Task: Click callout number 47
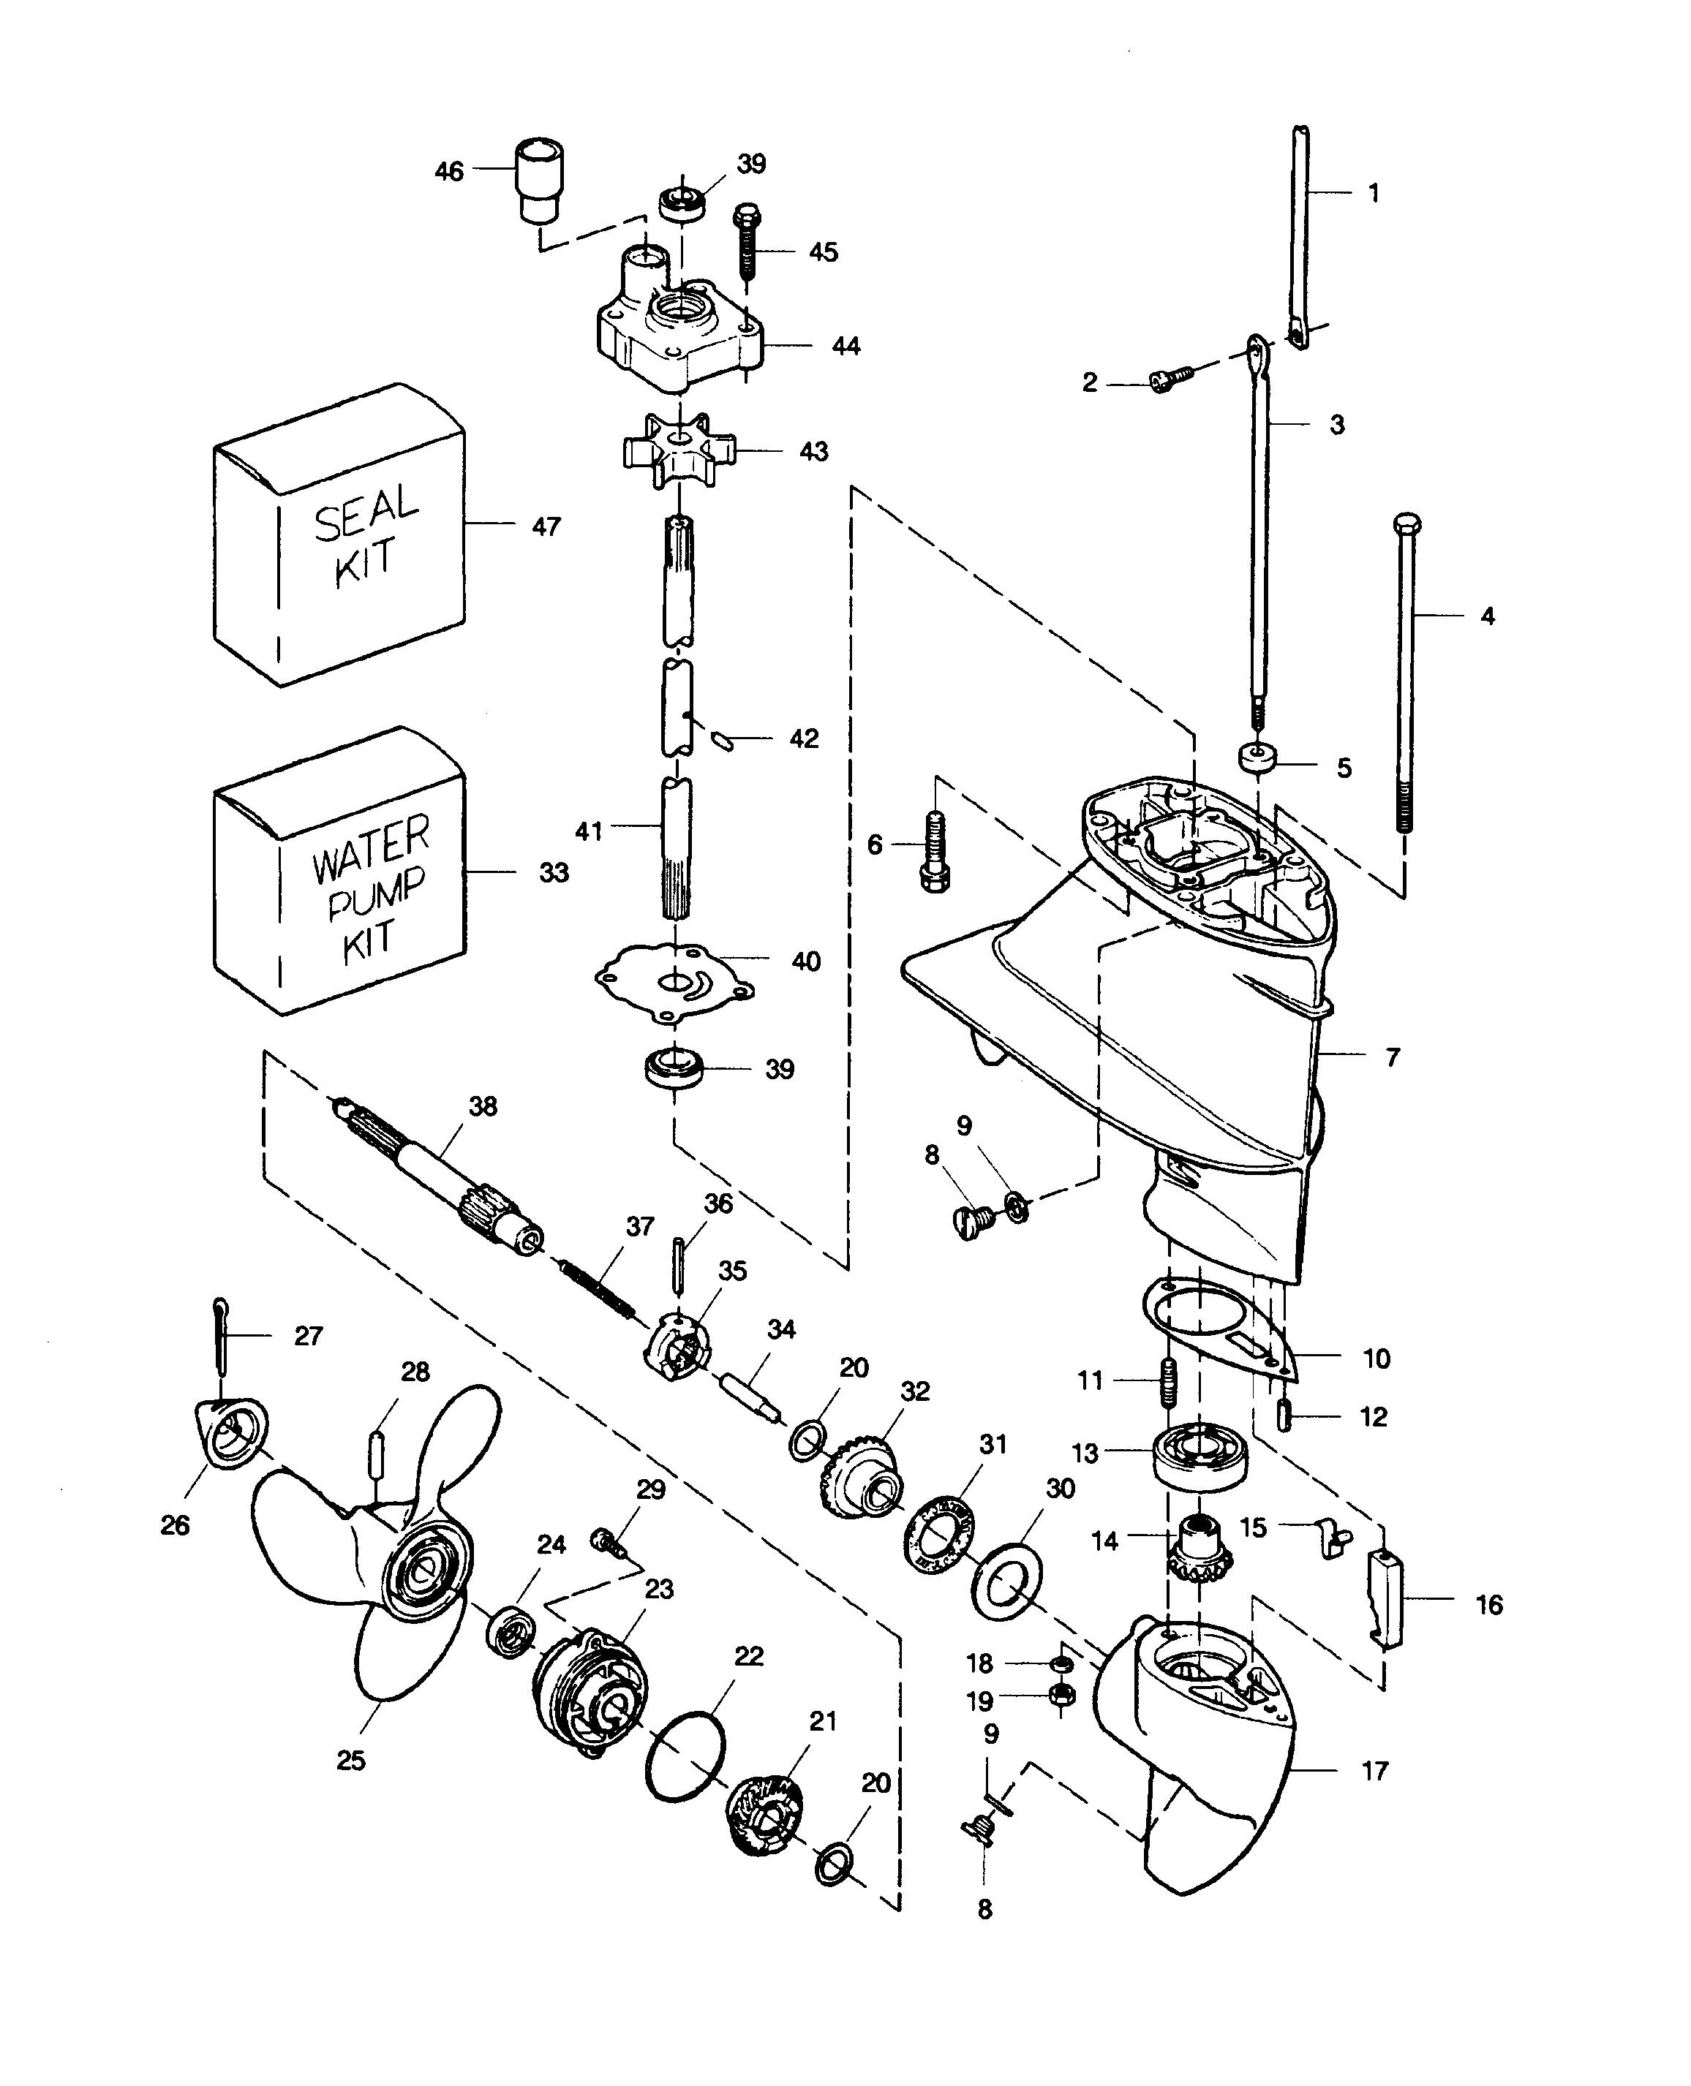click(x=546, y=527)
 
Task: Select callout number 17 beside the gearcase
click(x=1374, y=1770)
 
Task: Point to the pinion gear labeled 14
click(x=1197, y=1552)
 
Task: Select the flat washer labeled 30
click(x=1007, y=1590)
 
